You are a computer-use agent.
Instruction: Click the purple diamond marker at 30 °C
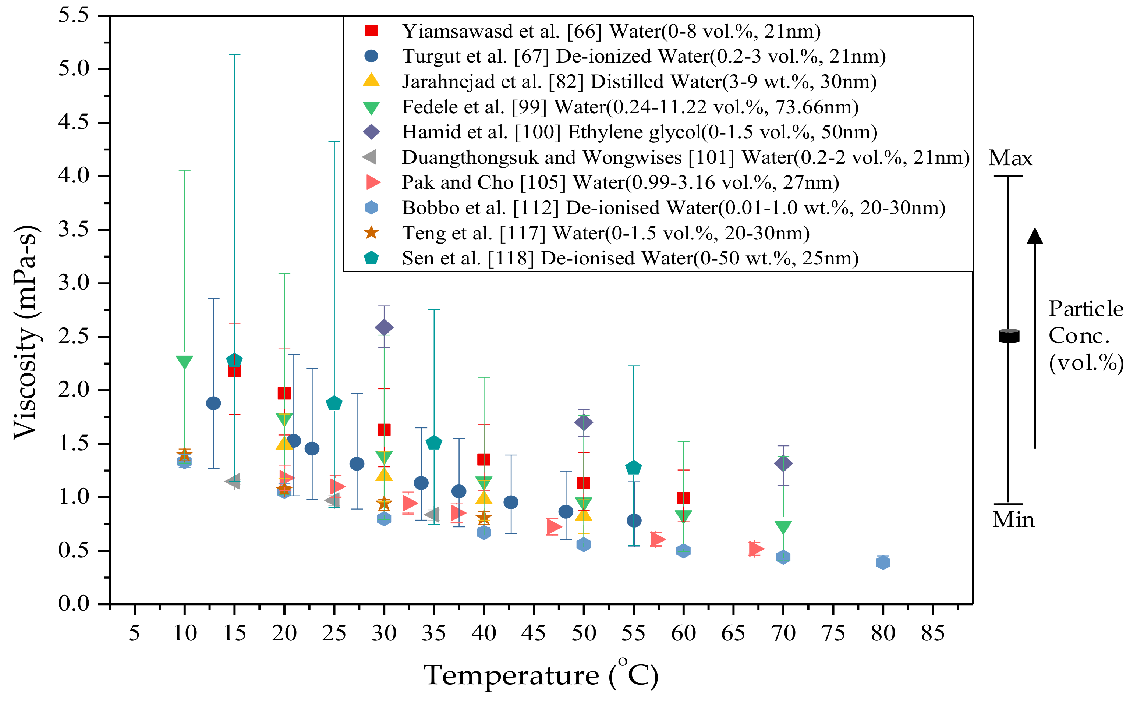tap(384, 327)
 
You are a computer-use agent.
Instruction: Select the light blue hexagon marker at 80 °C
tap(883, 562)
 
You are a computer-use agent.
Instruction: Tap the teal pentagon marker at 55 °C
tap(633, 467)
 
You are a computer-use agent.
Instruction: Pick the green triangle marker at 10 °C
tap(185, 362)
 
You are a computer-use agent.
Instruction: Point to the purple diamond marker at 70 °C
tap(783, 463)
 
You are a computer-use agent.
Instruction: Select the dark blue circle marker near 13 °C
tap(213, 403)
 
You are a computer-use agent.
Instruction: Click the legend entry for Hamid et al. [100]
tap(640, 132)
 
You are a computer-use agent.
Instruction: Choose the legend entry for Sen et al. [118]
tap(630, 258)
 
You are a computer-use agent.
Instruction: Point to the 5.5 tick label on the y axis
tap(74, 15)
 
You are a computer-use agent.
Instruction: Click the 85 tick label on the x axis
tap(932, 633)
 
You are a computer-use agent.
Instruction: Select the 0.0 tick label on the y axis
tap(74, 604)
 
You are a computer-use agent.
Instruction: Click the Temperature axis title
tap(541, 675)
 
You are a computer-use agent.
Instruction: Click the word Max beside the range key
tap(1010, 158)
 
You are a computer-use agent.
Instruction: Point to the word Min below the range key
tap(1013, 520)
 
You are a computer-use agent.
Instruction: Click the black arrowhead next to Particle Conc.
tap(1035, 236)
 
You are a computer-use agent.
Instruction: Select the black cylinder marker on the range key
tap(1009, 336)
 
